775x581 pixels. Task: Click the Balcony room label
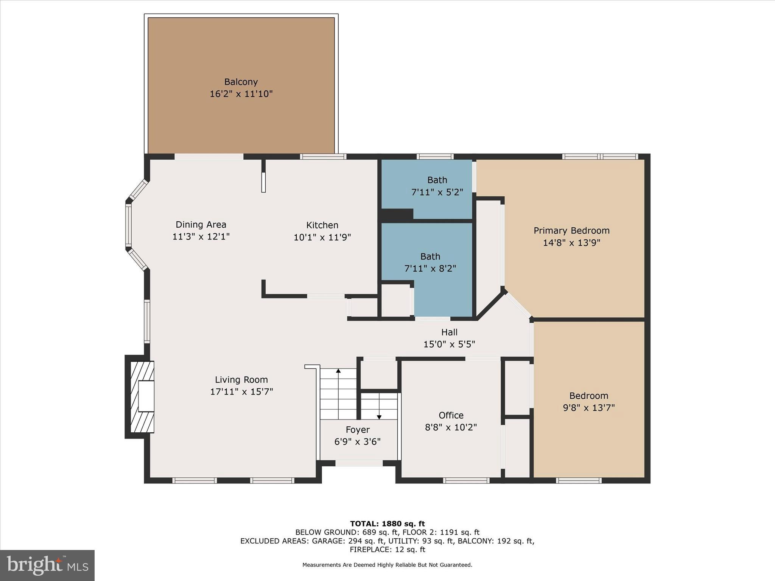[x=241, y=82]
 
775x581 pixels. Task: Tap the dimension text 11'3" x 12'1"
[x=201, y=237]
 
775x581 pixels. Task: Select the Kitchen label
[x=322, y=225]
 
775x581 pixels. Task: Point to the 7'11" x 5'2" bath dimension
[x=437, y=192]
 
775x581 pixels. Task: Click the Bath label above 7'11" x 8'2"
[x=430, y=256]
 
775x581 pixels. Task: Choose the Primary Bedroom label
[x=571, y=230]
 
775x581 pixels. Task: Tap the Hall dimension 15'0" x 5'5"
[x=449, y=344]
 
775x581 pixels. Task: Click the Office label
[x=451, y=415]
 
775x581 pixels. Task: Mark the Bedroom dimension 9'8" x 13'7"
[x=589, y=408]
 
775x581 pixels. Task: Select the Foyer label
[x=357, y=430]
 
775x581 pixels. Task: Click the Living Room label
[x=241, y=380]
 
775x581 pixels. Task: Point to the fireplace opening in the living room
[x=146, y=396]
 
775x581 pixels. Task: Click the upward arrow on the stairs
[x=338, y=371]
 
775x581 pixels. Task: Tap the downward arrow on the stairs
[x=379, y=416]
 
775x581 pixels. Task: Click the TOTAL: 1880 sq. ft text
[x=387, y=524]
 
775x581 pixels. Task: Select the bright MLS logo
[x=47, y=565]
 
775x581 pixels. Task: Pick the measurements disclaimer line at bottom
[x=387, y=565]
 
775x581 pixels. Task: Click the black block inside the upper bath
[x=397, y=215]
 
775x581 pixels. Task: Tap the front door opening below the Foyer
[x=359, y=463]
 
